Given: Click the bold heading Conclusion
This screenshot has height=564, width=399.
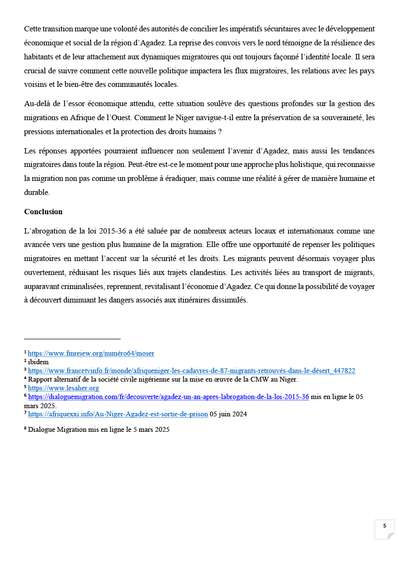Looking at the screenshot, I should [43, 212].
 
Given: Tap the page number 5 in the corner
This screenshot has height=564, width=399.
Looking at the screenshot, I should [385, 526].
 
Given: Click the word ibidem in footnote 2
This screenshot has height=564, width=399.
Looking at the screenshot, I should [38, 362].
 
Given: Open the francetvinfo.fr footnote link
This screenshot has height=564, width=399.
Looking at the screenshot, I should [192, 371].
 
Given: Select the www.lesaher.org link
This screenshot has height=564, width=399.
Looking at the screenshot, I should [63, 388].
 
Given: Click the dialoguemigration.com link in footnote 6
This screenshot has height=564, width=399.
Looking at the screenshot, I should [168, 397].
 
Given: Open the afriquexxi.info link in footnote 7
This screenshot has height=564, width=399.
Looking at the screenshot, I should [118, 414].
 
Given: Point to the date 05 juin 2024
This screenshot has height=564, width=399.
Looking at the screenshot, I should [228, 414].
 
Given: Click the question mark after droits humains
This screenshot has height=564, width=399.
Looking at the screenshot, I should [227, 131].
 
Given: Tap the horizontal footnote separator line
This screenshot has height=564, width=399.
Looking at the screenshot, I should [72, 339].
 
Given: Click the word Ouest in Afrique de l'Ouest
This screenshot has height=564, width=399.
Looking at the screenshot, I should [139, 118].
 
